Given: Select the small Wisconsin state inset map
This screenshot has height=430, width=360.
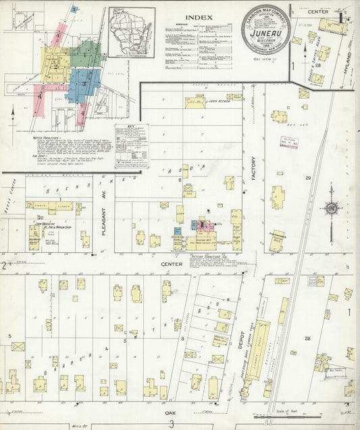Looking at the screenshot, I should tap(131, 31).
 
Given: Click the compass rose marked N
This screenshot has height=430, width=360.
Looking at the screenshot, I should tap(331, 208).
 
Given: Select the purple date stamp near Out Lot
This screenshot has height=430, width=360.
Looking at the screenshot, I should tap(290, 141).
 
